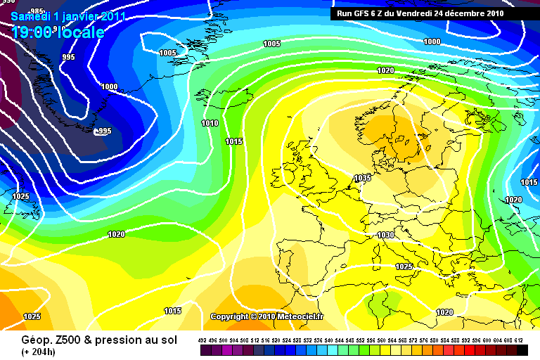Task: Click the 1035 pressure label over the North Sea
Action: tap(363, 178)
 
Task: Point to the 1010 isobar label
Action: tap(210, 123)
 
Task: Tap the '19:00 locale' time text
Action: tap(58, 32)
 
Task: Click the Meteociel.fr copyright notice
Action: tap(267, 317)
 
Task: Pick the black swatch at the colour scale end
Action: tap(522, 349)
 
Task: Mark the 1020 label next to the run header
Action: tap(385, 70)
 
